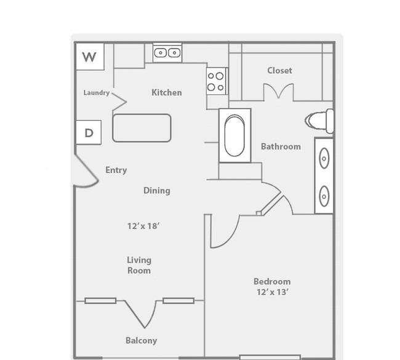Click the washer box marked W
(90, 57)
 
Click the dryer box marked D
(89, 132)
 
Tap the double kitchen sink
(167, 53)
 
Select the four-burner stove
(216, 81)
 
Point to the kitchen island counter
(142, 128)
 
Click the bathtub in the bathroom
(234, 135)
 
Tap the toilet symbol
(319, 121)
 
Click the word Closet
(279, 70)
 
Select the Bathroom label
(281, 146)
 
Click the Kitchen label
(167, 92)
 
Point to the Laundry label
(97, 92)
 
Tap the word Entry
(116, 170)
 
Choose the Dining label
(157, 191)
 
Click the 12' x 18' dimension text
(143, 226)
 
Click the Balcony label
(142, 340)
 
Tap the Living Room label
(139, 265)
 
